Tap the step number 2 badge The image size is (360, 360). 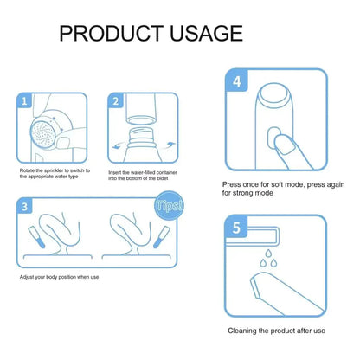coord(115,100)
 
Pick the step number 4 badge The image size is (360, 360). coord(237,83)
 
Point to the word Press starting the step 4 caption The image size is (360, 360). coord(231,184)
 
